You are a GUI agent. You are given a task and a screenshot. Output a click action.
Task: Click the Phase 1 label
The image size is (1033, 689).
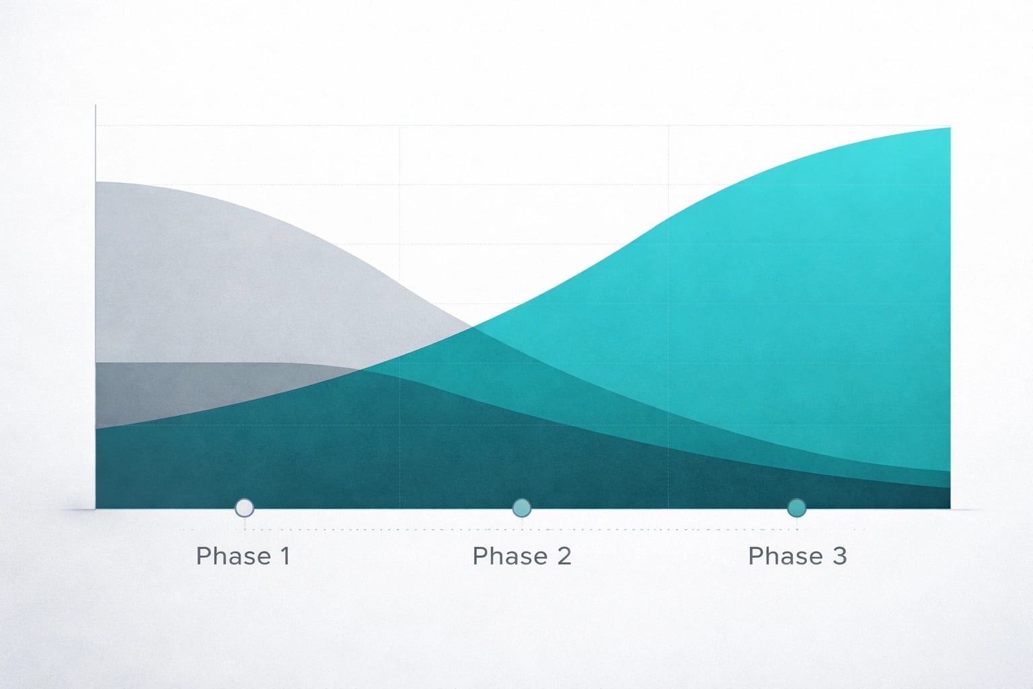coord(243,556)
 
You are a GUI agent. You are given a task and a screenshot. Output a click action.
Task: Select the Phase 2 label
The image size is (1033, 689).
coord(522,556)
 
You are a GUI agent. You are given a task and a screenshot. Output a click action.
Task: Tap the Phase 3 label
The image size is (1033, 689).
coord(798,556)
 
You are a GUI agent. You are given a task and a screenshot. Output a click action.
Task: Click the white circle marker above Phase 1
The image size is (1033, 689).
coord(244,507)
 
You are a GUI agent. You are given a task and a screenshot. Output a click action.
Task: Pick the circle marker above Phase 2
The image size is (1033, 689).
coord(522,507)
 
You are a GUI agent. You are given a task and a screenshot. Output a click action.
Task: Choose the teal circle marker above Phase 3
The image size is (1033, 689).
coord(797,507)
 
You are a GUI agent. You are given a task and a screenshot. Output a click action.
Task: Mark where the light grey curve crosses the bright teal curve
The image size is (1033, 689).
coord(471,327)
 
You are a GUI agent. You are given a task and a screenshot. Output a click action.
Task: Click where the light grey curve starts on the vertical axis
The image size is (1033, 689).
coord(96,182)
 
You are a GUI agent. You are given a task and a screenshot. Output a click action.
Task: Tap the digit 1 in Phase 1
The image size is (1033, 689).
coord(285,556)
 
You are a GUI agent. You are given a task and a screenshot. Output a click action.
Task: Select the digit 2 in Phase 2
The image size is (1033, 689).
coord(564,556)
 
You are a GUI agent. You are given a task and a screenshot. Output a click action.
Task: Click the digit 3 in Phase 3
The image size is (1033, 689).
coord(840,556)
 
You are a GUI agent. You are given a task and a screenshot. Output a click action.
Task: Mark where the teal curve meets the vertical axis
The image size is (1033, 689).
coord(96,429)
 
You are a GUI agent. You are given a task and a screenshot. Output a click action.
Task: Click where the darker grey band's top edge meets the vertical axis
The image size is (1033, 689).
coord(96,363)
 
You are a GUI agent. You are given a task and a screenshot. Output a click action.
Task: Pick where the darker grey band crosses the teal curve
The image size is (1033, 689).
coord(362,369)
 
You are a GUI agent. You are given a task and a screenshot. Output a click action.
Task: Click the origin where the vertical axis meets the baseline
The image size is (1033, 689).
coord(96,509)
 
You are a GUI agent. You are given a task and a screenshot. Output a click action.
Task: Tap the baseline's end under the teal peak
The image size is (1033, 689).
coord(950,509)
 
